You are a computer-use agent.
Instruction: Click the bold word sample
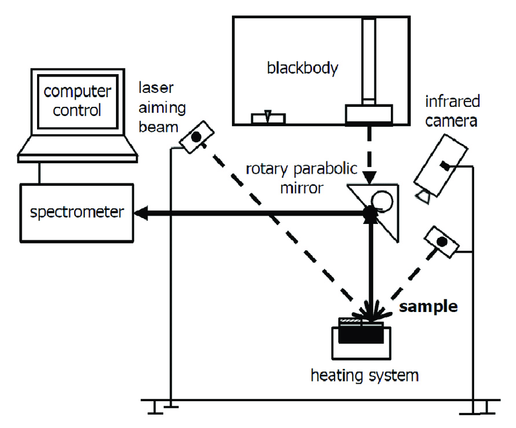tap(428, 307)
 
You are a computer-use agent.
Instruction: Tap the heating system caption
tap(364, 375)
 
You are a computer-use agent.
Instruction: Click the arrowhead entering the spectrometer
tap(141, 212)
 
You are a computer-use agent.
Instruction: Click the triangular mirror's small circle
tap(382, 200)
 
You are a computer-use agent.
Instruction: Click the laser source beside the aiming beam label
tap(196, 136)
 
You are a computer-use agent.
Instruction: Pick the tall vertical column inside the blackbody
tap(368, 61)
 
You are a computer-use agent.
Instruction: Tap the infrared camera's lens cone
tap(424, 194)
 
